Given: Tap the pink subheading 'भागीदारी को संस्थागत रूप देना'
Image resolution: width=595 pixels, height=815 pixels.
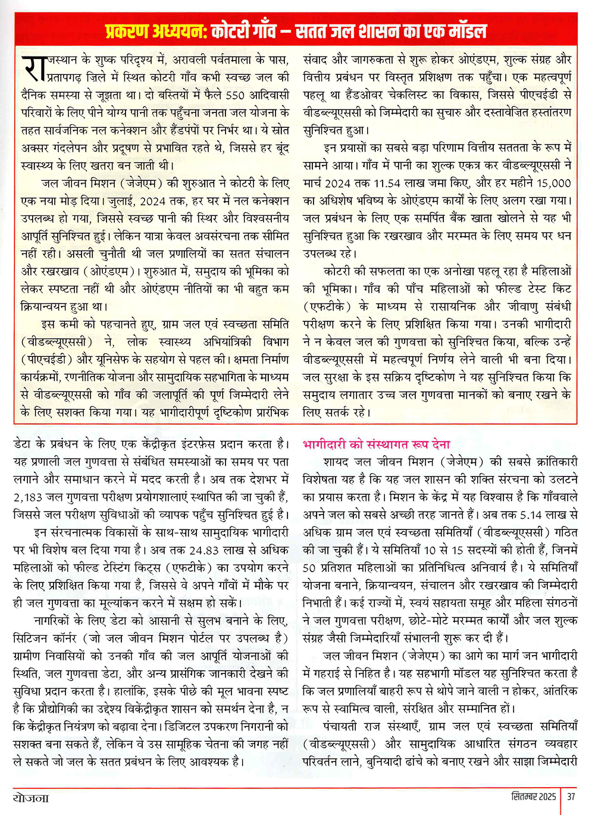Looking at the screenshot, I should click(376, 444).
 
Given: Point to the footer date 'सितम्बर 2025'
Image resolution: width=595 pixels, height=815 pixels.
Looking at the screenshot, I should click(534, 797).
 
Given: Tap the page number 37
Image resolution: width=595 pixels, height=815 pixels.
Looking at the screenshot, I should click(571, 797).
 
